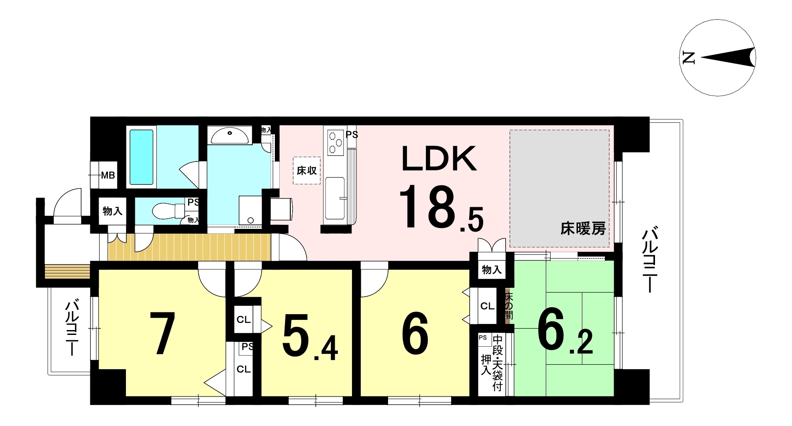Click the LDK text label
(439, 159)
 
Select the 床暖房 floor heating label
(583, 229)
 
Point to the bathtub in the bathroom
(142, 157)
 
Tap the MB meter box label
(108, 176)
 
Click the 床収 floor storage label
(307, 170)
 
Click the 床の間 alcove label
(509, 305)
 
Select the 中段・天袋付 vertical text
(497, 363)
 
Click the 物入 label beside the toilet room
(112, 211)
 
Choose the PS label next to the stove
(352, 134)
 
